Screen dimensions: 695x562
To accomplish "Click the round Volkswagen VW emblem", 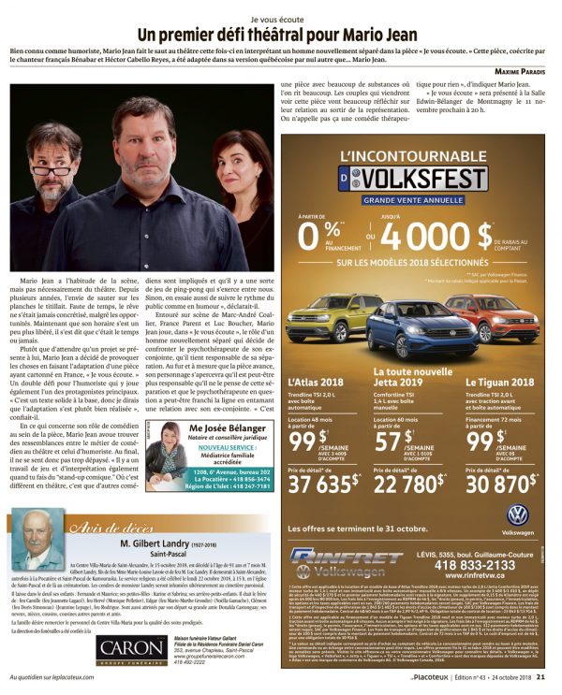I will pyautogui.click(x=518, y=515).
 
